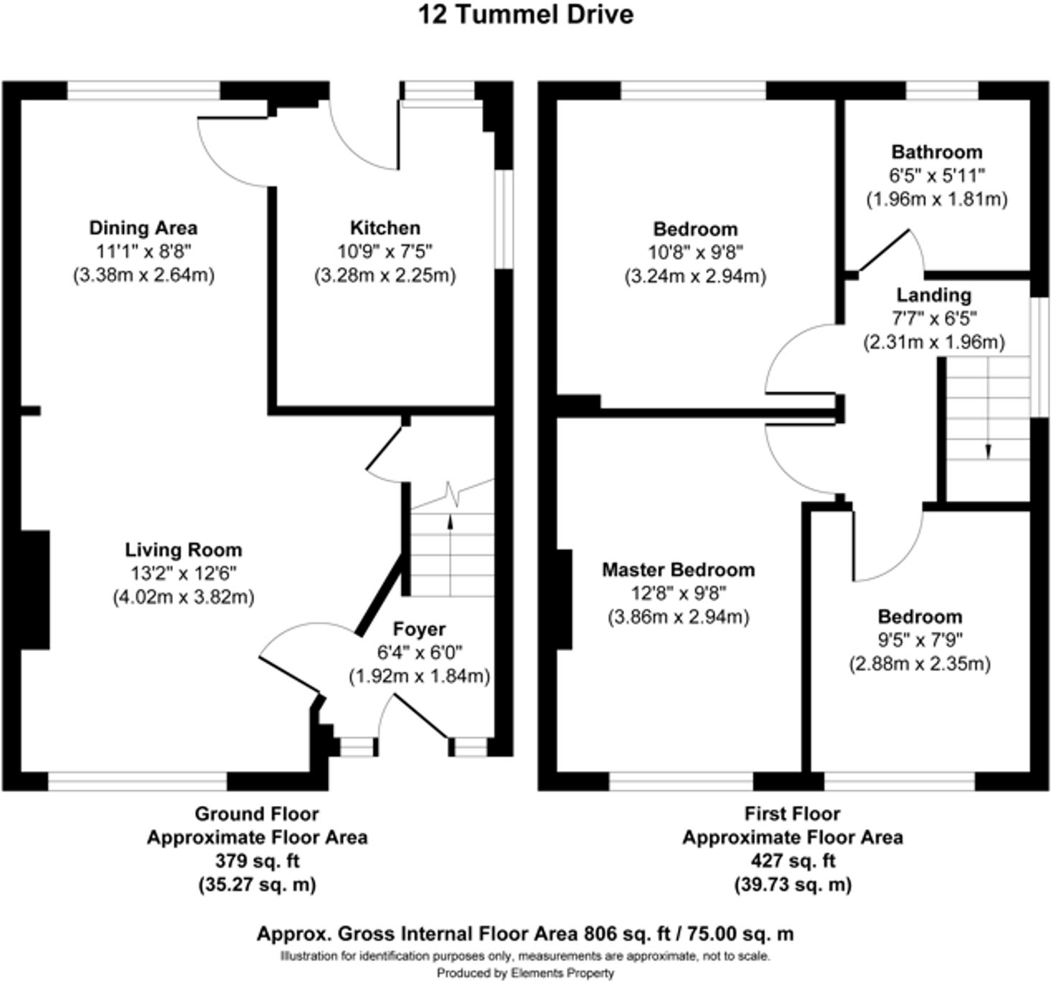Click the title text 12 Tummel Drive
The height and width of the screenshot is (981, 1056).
tap(526, 15)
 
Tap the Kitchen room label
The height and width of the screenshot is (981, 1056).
tap(385, 228)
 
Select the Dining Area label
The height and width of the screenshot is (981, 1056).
tap(143, 228)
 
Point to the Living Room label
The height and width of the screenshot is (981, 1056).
tap(184, 550)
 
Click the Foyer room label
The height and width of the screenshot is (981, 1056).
tap(419, 629)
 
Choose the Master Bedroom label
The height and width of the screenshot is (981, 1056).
tap(678, 570)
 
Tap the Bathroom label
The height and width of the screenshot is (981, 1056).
tap(936, 152)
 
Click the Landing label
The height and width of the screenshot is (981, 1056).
tap(933, 295)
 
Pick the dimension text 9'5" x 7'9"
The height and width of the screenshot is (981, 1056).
tap(920, 640)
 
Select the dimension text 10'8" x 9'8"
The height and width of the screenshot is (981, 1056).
tap(695, 252)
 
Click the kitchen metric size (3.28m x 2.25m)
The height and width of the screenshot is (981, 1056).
tap(385, 275)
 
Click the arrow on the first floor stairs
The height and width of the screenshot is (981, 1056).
tap(988, 450)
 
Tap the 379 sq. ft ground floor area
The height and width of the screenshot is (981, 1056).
tap(257, 861)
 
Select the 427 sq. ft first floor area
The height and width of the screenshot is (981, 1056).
tap(792, 861)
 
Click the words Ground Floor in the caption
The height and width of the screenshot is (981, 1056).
tap(257, 814)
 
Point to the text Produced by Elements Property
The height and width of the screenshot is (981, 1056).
tap(525, 973)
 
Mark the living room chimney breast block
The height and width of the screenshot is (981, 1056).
tap(34, 589)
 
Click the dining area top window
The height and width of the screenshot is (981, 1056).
tap(143, 91)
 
